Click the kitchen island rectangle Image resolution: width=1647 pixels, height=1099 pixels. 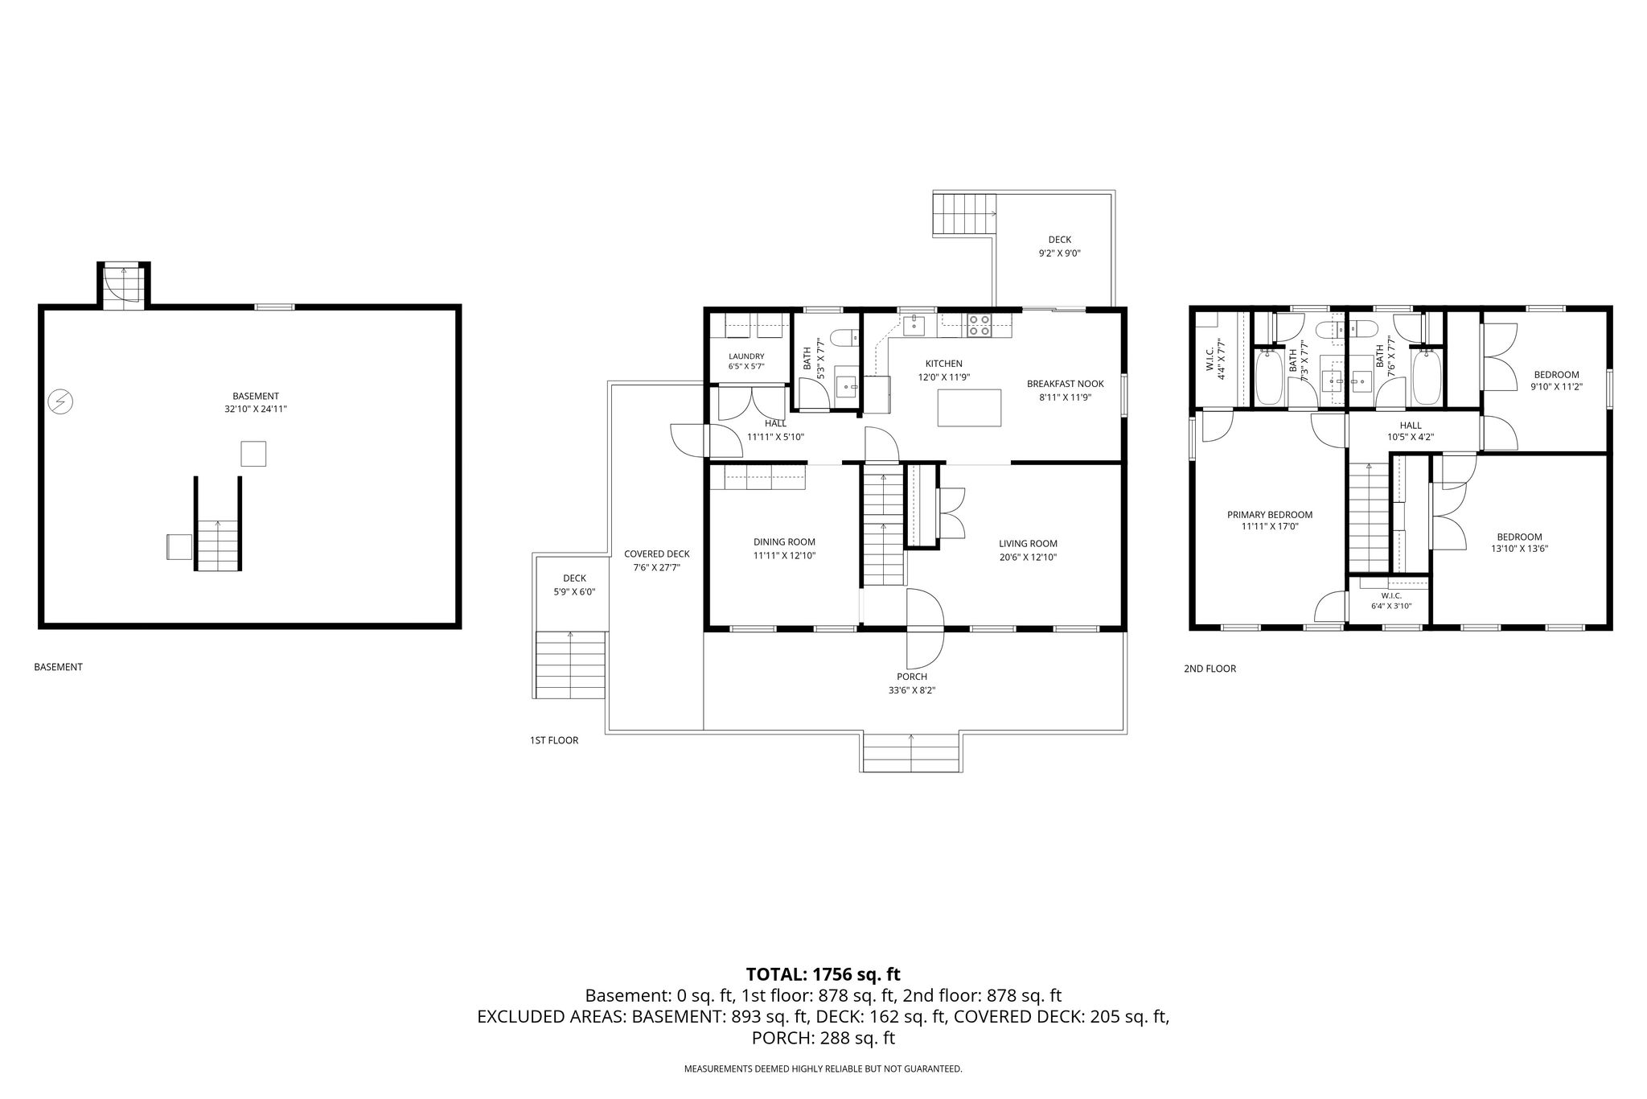970,407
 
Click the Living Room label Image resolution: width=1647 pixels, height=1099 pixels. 1028,543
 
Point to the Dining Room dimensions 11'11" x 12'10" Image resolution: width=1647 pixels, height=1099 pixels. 784,555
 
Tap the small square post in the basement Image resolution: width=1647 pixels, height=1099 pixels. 253,454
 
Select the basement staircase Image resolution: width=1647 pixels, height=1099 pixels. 218,545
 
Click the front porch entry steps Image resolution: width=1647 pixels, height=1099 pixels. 911,753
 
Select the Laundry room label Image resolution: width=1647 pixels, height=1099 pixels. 746,356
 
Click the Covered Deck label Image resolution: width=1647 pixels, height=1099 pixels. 656,554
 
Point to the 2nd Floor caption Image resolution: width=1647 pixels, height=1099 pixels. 1210,669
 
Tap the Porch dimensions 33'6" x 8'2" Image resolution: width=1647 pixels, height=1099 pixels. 911,690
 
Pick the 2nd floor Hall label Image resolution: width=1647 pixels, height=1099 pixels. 1410,425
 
